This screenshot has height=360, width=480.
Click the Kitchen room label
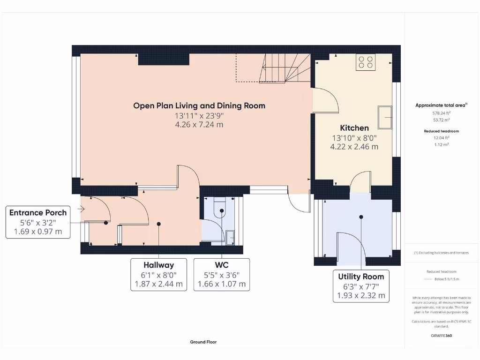[x=354, y=127]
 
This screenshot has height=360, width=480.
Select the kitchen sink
[x=386, y=117]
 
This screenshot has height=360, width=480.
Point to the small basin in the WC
[x=230, y=238]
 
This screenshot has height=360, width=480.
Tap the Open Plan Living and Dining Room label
[x=199, y=105]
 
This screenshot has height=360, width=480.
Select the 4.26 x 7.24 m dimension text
[x=199, y=125]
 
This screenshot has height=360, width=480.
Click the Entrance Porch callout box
[x=38, y=222]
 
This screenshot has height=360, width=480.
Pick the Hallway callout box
[x=159, y=274]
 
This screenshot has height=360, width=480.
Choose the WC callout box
[x=221, y=274]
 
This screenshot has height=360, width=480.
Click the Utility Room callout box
[x=361, y=285]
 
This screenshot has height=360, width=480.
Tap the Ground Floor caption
[x=203, y=342]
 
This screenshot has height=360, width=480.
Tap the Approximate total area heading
[x=440, y=105]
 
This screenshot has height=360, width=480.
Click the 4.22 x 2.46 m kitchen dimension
[x=354, y=146]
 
